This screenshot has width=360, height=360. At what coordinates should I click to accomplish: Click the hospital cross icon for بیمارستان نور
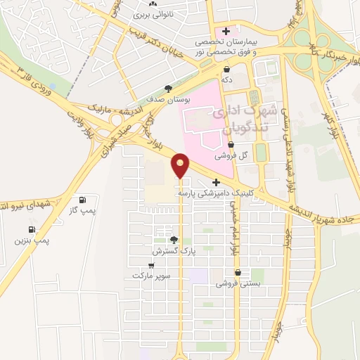(225, 31)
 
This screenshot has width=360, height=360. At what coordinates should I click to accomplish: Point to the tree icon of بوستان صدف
(167, 89)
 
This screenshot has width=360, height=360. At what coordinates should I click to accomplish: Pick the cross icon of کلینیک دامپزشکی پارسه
(206, 182)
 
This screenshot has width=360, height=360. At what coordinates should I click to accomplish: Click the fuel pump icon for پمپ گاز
(84, 200)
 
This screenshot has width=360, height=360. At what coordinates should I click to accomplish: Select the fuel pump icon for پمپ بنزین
(32, 229)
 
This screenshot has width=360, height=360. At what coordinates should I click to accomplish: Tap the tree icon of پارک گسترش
(174, 240)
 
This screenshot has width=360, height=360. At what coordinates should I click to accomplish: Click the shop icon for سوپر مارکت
(153, 265)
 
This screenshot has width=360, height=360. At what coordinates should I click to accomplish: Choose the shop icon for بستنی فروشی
(238, 273)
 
